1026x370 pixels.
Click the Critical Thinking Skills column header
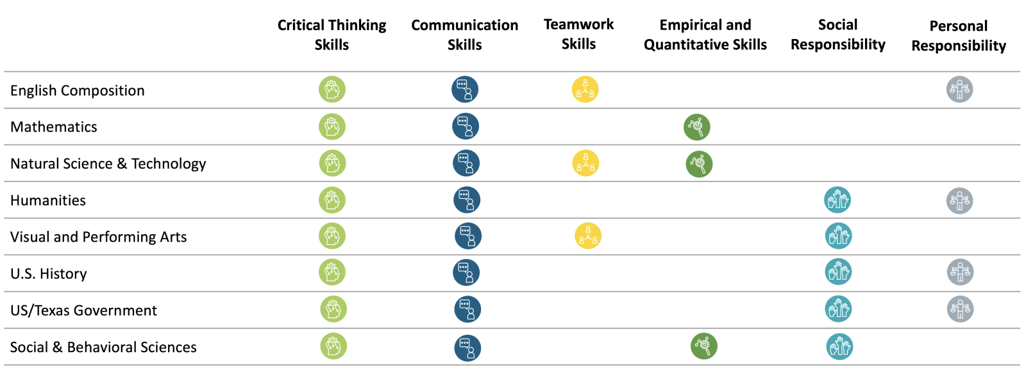tap(332, 35)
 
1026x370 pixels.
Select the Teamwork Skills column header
tap(578, 34)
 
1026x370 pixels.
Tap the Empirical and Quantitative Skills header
tap(705, 35)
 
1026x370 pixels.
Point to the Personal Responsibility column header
tap(959, 35)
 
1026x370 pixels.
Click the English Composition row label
tap(78, 90)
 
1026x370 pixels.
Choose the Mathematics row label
tap(54, 127)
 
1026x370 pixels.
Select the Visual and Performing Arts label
tap(99, 237)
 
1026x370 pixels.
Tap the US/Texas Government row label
tap(83, 310)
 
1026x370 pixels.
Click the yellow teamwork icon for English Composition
tap(585, 89)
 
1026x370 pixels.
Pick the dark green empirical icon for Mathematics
tap(696, 127)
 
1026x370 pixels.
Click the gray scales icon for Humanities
tap(959, 201)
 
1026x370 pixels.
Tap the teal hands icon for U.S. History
tap(838, 272)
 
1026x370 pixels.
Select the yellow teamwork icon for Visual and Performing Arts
tap(587, 236)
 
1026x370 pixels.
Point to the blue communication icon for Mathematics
tap(466, 126)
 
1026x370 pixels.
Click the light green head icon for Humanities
tap(332, 200)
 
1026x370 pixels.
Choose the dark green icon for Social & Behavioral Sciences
tap(703, 346)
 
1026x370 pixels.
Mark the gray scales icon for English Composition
tap(959, 89)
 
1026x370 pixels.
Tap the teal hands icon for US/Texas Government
tap(838, 309)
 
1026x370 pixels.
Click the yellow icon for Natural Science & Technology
tap(585, 164)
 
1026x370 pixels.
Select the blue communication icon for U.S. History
tap(466, 273)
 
